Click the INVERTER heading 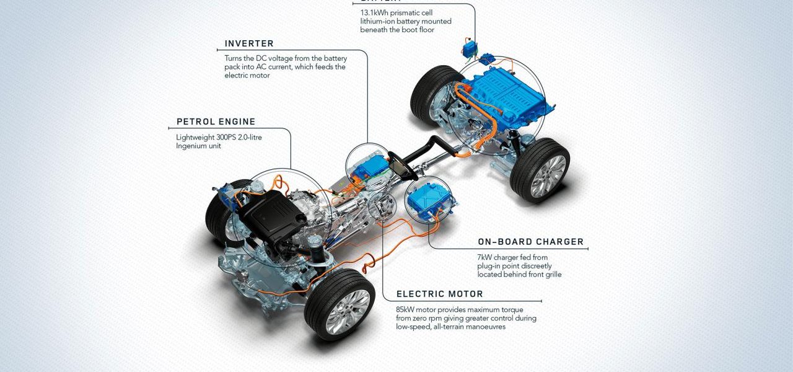249,44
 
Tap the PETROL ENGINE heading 216,122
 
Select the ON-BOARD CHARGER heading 530,242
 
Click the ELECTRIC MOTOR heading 439,294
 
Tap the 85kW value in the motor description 408,309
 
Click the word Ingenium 195,146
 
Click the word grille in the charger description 550,275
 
